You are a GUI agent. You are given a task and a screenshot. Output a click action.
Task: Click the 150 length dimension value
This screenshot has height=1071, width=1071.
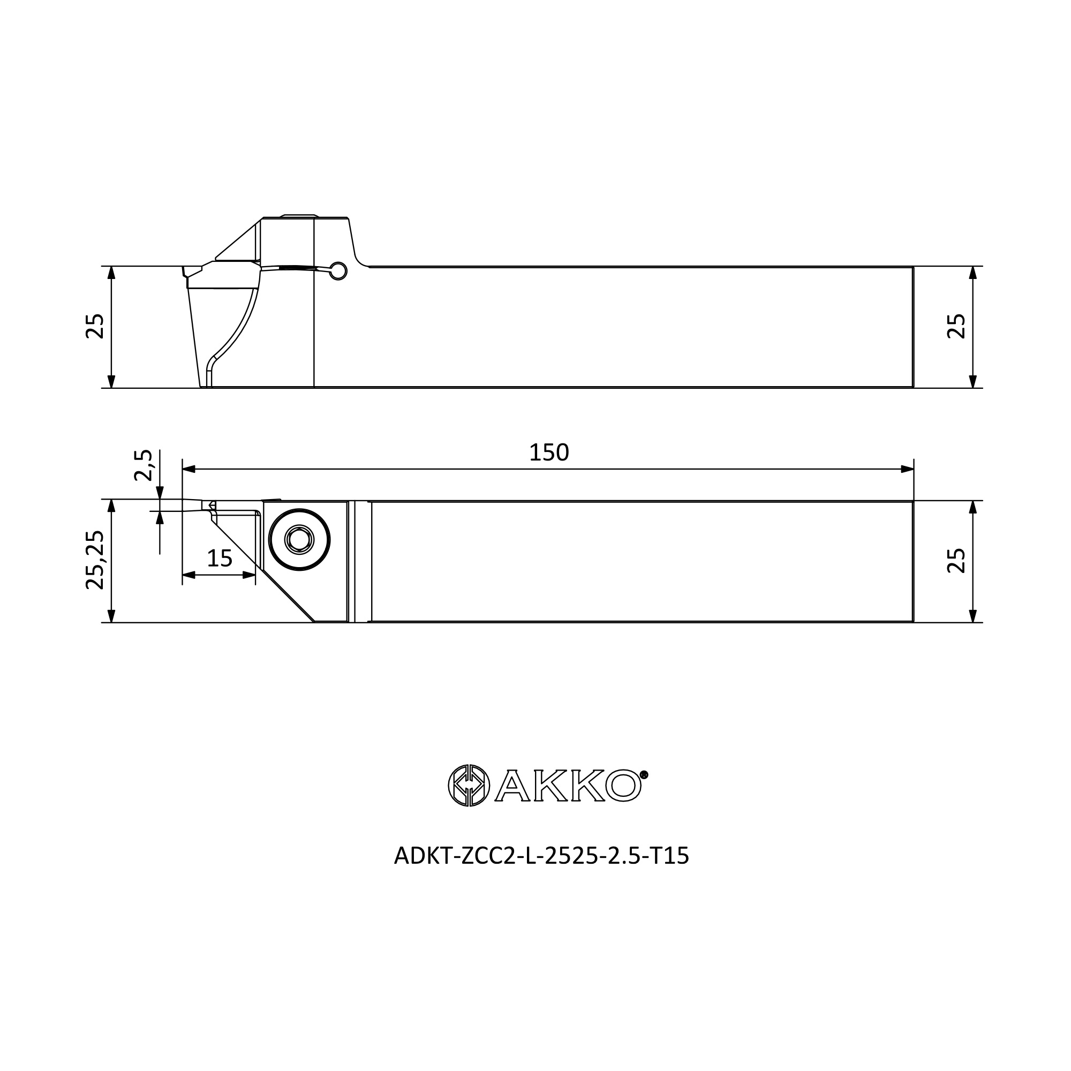(549, 453)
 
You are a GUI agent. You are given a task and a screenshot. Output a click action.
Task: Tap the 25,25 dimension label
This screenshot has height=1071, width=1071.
(95, 560)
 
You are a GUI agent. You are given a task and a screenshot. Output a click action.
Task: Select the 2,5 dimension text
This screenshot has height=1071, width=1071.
(143, 465)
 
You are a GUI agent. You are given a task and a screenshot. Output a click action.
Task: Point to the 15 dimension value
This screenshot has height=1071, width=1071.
(220, 558)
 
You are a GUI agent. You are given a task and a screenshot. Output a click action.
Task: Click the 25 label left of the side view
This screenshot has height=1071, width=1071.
(95, 326)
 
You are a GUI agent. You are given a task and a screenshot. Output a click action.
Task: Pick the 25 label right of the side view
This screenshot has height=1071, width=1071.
(956, 326)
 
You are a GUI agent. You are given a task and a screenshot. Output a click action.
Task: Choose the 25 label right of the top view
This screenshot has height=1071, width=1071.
(956, 561)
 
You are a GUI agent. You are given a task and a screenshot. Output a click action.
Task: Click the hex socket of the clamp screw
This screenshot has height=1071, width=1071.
(299, 539)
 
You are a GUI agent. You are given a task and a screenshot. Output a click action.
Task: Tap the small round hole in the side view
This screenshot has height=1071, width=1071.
(338, 270)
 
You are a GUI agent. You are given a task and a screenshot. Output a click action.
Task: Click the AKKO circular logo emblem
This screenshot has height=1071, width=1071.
(469, 786)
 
